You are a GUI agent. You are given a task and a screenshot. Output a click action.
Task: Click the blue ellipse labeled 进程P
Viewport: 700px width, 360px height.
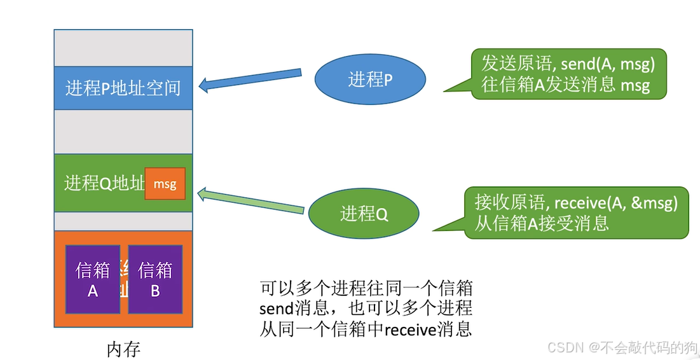pos(369,80)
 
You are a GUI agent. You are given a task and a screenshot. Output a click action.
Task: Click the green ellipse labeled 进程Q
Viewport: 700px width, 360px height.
pos(364,214)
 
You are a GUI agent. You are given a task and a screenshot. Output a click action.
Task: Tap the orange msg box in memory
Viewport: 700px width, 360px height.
pos(165,184)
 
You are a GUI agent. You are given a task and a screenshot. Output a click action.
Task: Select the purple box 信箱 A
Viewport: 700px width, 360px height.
pos(93,279)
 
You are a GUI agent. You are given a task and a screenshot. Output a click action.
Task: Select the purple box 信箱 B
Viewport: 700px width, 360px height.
pos(155,279)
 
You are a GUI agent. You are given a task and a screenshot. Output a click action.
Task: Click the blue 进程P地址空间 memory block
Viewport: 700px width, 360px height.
pos(123,88)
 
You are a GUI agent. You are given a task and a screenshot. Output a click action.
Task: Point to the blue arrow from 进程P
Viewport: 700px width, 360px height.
pos(250,80)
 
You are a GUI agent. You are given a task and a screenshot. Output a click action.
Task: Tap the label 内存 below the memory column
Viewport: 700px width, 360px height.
pos(123,349)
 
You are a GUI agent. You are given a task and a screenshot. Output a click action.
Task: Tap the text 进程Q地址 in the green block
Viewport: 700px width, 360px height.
pos(104,184)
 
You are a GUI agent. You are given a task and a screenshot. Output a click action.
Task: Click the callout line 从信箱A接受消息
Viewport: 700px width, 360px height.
pos(542,223)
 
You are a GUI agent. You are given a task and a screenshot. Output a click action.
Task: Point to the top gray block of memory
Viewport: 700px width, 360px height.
pos(123,47)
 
